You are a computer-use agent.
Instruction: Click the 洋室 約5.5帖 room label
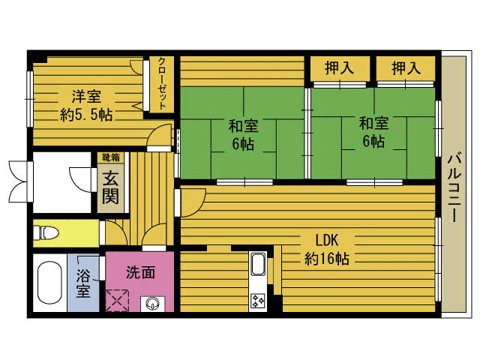tap(86, 105)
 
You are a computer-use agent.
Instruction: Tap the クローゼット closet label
tap(163, 84)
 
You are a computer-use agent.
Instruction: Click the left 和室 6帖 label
tap(242, 134)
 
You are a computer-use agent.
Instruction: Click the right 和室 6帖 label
tap(373, 131)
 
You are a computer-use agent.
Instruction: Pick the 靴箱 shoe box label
tap(110, 157)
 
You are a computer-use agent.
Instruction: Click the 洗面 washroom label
tap(139, 272)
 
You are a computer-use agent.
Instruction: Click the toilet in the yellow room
tap(46, 232)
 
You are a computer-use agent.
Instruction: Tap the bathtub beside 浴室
tap(49, 284)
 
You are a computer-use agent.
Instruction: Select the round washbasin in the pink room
tap(153, 304)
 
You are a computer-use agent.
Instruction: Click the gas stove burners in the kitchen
tap(259, 301)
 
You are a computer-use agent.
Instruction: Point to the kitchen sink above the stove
tap(258, 265)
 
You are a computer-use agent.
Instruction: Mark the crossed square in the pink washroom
tap(118, 301)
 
